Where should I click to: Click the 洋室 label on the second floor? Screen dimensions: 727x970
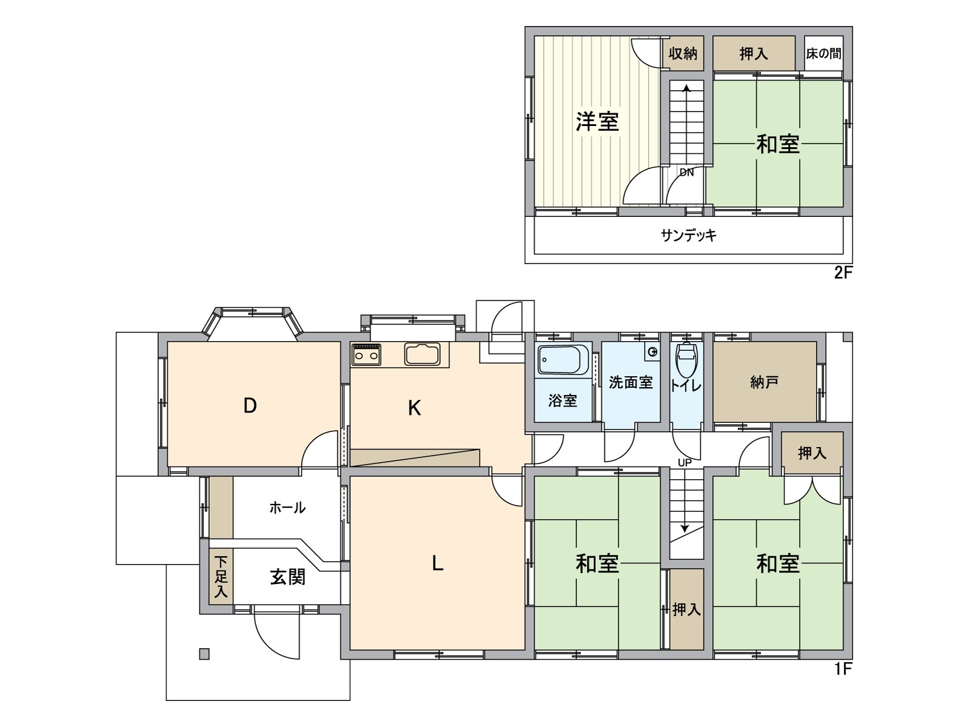click(597, 122)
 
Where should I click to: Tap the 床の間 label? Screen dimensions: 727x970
click(823, 53)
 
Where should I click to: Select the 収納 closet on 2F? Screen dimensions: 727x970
click(683, 53)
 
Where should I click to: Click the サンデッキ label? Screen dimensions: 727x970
click(688, 235)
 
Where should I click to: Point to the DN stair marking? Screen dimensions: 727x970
click(686, 173)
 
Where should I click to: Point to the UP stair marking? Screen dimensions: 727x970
click(684, 463)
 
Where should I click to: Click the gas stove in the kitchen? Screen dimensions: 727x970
click(366, 354)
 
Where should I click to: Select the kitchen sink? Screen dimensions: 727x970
click(423, 354)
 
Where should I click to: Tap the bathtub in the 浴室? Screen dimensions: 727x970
click(563, 360)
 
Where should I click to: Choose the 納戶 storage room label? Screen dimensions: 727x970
click(764, 382)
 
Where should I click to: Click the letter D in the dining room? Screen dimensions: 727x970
click(250, 405)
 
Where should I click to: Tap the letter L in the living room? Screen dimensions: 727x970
click(437, 563)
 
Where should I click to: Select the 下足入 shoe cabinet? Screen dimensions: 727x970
click(221, 576)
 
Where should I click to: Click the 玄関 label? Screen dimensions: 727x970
click(287, 577)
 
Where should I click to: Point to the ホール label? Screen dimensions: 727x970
click(287, 508)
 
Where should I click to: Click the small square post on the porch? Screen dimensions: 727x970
click(204, 654)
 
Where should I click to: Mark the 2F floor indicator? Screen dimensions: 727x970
click(843, 273)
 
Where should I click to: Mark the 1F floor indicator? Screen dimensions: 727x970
click(843, 669)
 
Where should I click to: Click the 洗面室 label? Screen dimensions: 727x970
click(630, 382)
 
